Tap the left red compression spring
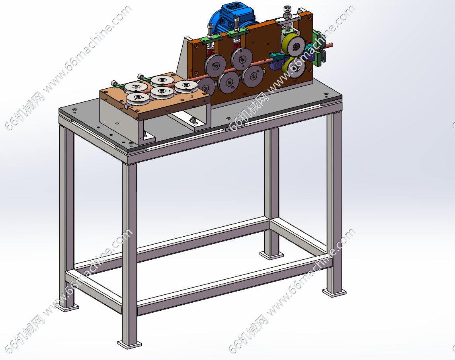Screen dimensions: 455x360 [x=210, y=52]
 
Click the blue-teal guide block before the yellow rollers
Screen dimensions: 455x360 [x=277, y=60]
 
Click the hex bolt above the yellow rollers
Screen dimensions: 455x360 [x=287, y=11]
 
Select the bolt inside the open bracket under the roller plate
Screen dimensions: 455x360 [x=193, y=120]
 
